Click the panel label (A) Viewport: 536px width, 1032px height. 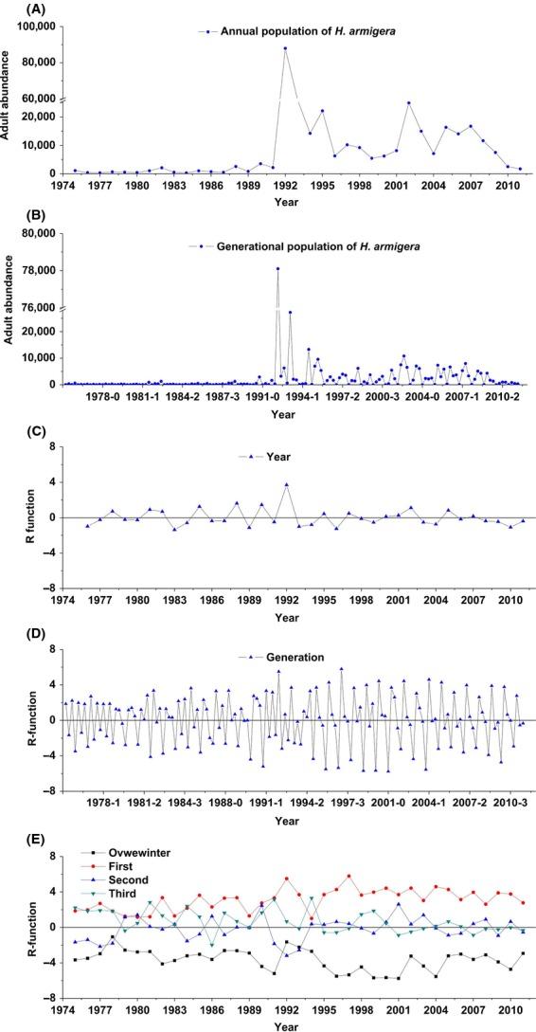click(16, 9)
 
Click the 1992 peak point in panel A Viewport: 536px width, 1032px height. click(285, 48)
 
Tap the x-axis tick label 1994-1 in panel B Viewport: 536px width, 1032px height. click(309, 399)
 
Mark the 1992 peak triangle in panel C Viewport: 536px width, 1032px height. click(286, 484)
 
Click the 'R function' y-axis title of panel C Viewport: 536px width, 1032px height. click(10, 517)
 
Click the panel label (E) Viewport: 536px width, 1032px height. click(16, 832)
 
